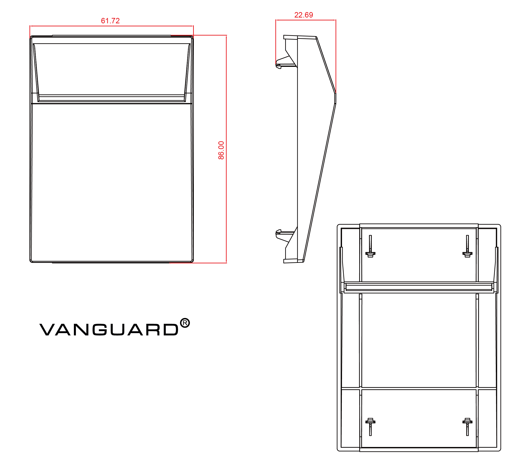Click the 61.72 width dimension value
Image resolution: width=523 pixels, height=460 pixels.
point(110,21)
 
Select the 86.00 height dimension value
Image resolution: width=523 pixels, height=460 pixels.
point(221,150)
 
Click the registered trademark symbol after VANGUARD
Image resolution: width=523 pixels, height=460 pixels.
point(185,323)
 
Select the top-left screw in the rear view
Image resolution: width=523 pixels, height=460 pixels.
point(370,247)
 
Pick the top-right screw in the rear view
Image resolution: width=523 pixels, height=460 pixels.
point(467,247)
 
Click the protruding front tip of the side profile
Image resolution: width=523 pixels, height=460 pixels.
point(335,98)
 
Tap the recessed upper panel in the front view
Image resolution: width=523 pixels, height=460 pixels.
point(112,69)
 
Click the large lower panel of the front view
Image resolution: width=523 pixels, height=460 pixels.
point(112,181)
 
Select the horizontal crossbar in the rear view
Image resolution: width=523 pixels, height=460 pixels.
point(419,287)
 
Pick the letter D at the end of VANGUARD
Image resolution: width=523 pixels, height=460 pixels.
point(171,330)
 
